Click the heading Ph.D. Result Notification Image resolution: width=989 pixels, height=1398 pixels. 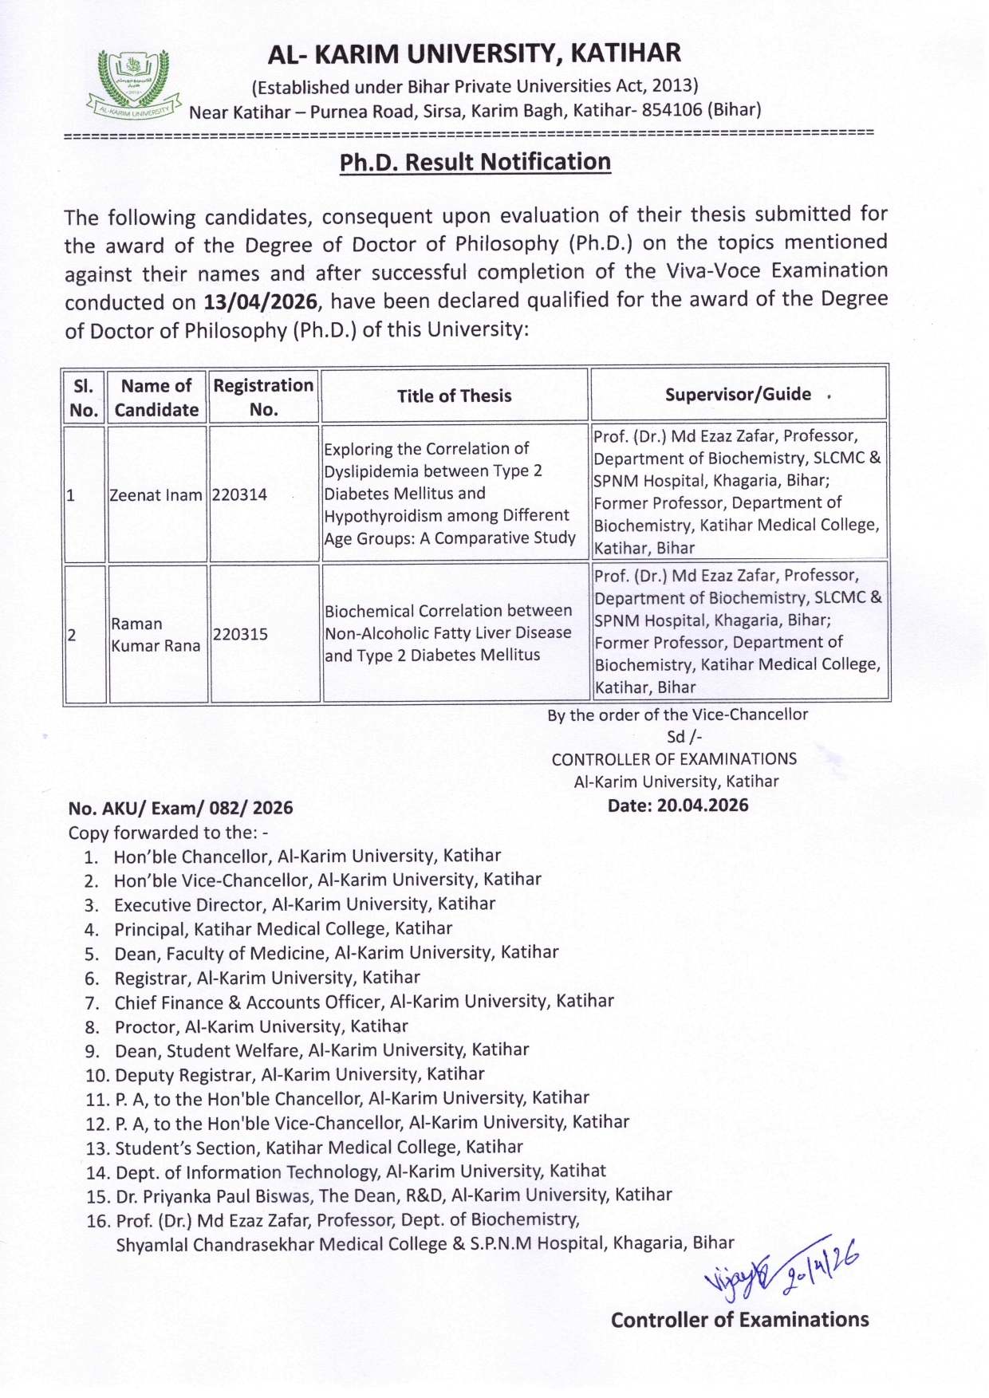(x=475, y=162)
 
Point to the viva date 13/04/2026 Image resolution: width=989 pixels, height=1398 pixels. (x=260, y=302)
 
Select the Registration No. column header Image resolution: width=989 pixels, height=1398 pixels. (x=263, y=397)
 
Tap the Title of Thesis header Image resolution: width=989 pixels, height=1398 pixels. (x=455, y=396)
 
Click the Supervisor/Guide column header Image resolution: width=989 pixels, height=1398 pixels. (x=738, y=394)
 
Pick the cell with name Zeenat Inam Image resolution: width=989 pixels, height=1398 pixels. (x=156, y=494)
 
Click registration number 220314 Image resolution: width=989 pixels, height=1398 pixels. (x=239, y=494)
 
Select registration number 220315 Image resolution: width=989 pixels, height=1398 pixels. (x=240, y=634)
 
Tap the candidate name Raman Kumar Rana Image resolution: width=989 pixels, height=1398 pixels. (x=156, y=635)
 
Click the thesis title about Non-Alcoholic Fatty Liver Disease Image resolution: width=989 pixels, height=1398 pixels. (x=447, y=633)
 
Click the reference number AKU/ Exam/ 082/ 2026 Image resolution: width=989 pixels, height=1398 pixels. (x=180, y=808)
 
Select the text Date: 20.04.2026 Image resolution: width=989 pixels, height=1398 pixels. (x=678, y=805)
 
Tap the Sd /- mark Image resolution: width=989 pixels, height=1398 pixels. (x=684, y=737)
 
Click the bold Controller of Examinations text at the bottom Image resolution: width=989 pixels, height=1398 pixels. (x=739, y=1320)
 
